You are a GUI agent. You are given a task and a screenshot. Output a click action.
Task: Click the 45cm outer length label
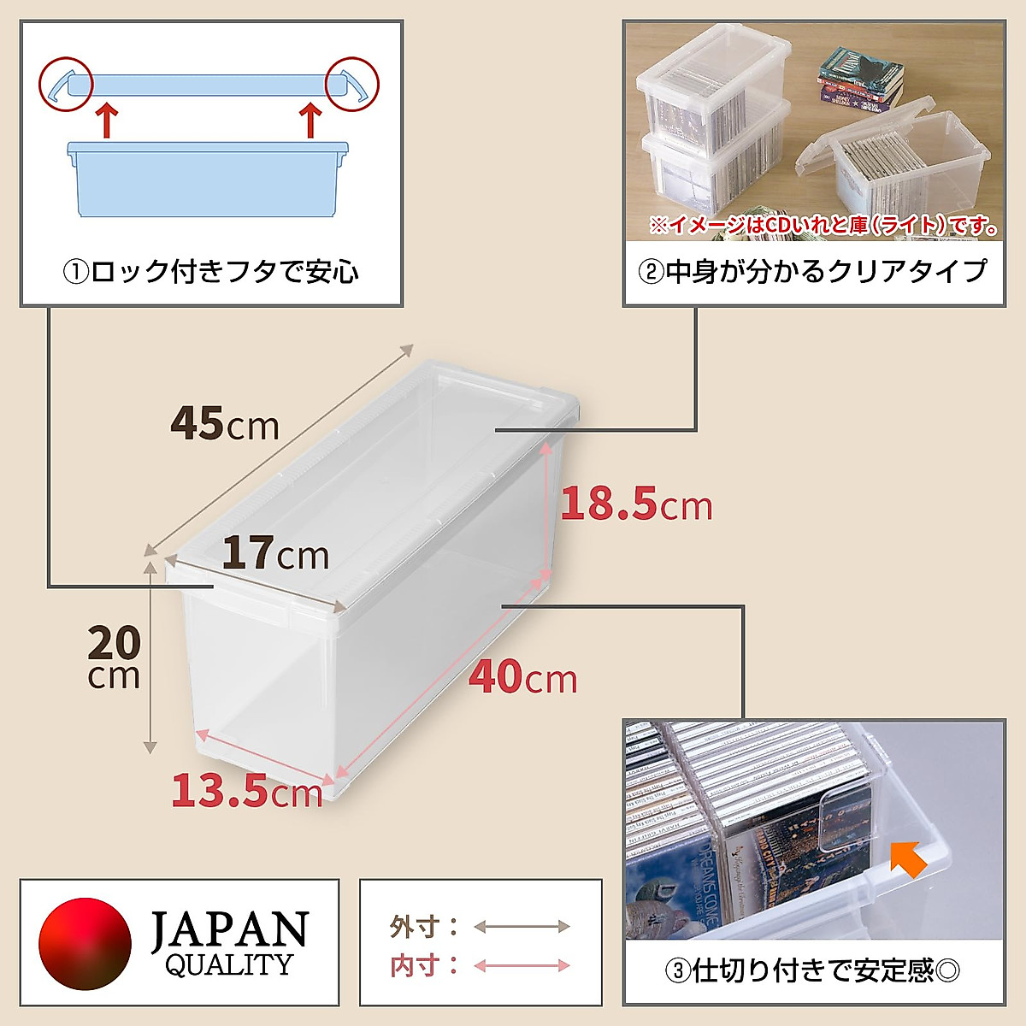(x=225, y=423)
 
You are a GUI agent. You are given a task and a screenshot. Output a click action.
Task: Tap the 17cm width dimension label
(x=275, y=554)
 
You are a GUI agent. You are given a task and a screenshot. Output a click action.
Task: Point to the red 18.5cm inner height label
(x=636, y=504)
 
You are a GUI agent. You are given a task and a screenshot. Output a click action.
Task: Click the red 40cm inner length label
(x=523, y=678)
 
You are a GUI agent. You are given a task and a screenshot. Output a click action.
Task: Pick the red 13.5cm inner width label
(x=247, y=791)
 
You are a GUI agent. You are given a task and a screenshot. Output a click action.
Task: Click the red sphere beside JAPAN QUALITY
(x=85, y=943)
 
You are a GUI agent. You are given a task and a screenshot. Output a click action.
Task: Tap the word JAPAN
(x=229, y=929)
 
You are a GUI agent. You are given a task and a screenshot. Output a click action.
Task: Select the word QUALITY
(x=228, y=965)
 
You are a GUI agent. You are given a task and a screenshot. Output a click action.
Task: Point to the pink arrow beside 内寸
(x=522, y=965)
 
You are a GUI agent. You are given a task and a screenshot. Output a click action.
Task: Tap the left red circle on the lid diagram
(x=64, y=84)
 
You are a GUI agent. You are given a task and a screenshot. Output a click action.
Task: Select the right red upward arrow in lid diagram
(x=310, y=120)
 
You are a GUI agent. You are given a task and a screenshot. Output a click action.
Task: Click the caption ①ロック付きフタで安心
(x=210, y=272)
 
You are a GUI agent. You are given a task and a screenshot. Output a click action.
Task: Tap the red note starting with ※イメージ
(x=823, y=227)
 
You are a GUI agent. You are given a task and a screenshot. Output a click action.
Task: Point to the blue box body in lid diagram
(x=209, y=180)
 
